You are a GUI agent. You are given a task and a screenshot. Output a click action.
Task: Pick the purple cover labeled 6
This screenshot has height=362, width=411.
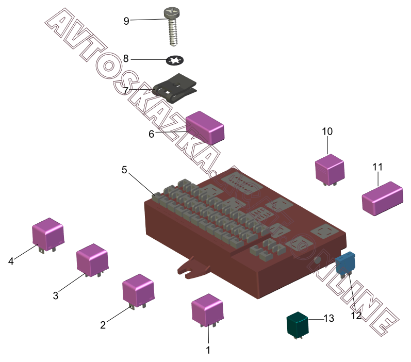tap(205, 127)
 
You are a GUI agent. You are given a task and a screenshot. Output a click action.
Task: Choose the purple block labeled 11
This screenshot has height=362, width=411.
tap(382, 198)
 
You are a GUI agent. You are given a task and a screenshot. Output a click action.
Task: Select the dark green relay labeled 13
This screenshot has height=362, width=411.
tap(298, 325)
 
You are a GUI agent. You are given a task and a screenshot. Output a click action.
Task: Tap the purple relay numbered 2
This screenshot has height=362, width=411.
tap(138, 289)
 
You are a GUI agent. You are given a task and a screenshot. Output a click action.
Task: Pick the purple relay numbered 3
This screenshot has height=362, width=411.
tap(92, 259)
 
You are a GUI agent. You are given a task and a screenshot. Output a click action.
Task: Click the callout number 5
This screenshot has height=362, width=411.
tap(124, 169)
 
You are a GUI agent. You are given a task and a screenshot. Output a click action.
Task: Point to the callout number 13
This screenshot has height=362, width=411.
tap(328, 319)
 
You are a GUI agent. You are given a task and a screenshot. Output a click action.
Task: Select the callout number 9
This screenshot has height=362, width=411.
tap(126, 21)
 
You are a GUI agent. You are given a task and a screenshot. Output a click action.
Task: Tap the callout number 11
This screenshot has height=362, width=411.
tap(377, 167)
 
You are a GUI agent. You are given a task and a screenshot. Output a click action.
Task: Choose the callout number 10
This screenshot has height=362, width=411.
tap(327, 131)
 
